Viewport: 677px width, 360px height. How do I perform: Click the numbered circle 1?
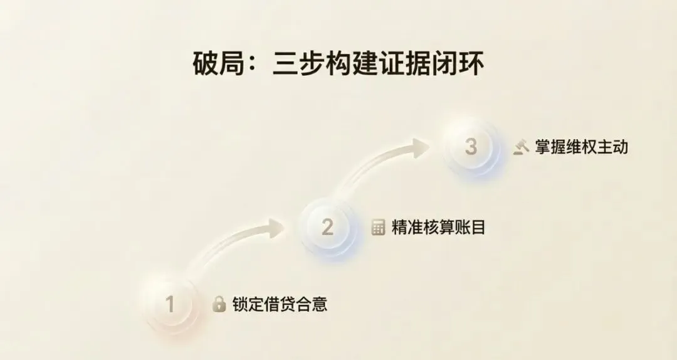pos(169,305)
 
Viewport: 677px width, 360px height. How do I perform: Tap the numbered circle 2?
pos(327,227)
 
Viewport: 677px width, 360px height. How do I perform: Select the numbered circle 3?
pos(471,147)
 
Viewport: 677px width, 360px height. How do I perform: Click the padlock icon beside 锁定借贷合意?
pos(219,305)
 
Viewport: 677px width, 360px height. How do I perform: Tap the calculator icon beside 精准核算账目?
pos(378,227)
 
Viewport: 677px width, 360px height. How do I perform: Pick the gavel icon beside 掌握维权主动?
pos(521,147)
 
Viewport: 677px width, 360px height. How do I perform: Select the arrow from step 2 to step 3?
pos(382,160)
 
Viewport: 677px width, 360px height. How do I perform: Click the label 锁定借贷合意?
pos(280,305)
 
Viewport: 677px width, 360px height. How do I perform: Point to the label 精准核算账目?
pos(438,227)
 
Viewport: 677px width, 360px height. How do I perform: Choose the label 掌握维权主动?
pos(581,147)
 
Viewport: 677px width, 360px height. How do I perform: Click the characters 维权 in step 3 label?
pos(581,147)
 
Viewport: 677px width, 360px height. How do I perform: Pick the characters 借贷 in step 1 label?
pos(280,305)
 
